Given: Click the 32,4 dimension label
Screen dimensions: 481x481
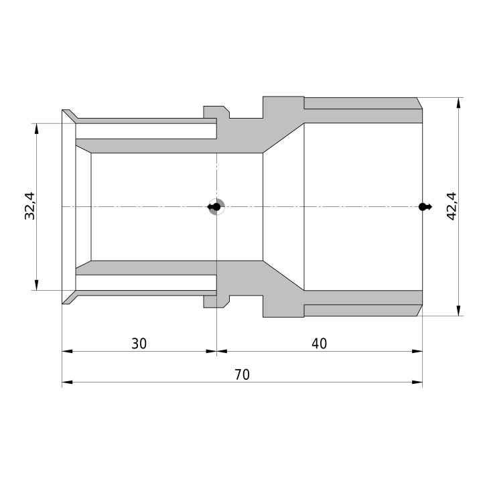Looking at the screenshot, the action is (30, 206).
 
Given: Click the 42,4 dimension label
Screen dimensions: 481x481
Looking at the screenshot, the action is (452, 206).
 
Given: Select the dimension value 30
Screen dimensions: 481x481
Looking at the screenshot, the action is (139, 344).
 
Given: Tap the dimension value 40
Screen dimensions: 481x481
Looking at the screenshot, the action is (320, 344).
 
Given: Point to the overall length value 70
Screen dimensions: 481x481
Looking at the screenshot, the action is (243, 374).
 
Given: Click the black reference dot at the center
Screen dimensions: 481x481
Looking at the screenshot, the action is (216, 207).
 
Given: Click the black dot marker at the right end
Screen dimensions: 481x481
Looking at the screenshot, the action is (423, 207).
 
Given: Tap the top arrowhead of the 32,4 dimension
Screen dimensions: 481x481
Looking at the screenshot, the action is (36, 129).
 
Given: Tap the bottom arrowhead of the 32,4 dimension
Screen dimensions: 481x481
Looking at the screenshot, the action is (36, 285).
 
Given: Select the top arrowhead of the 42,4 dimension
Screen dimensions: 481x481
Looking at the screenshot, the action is (459, 103).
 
